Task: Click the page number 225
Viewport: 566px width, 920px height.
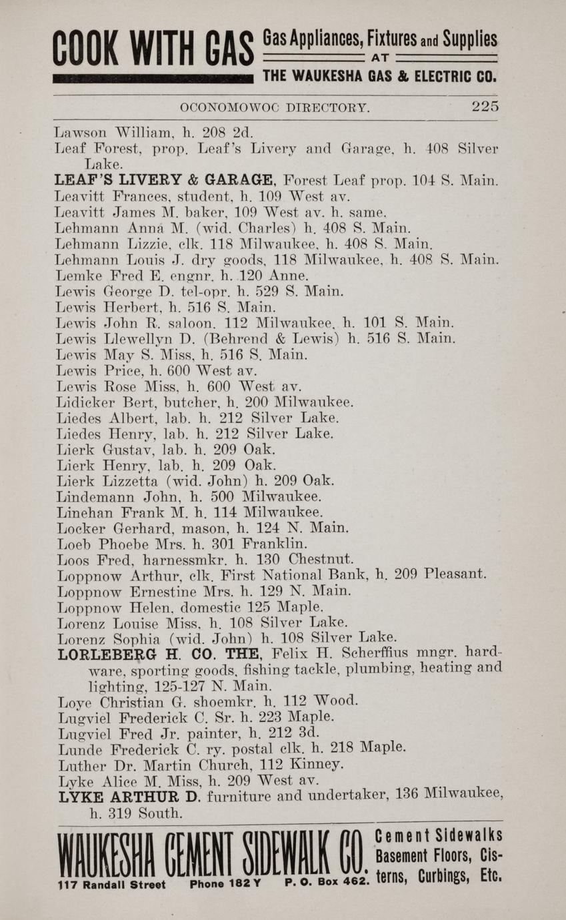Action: pyautogui.click(x=485, y=107)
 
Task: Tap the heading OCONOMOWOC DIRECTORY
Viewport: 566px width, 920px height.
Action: pyautogui.click(x=275, y=107)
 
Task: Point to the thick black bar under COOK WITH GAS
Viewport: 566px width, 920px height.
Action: pyautogui.click(x=153, y=79)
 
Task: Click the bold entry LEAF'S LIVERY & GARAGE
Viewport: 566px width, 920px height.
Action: pyautogui.click(x=166, y=180)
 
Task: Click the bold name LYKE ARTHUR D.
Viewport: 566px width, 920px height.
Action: pyautogui.click(x=130, y=797)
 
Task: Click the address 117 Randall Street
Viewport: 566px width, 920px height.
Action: pyautogui.click(x=111, y=885)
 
